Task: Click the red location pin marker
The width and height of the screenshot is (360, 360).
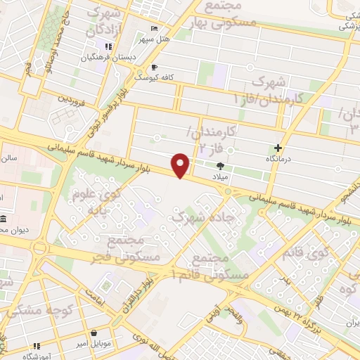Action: tap(181, 165)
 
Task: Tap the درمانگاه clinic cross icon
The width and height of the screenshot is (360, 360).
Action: tap(279, 148)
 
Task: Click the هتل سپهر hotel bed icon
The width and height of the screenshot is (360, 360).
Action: tap(154, 30)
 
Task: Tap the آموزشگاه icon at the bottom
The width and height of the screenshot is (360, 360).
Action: tap(37, 346)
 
